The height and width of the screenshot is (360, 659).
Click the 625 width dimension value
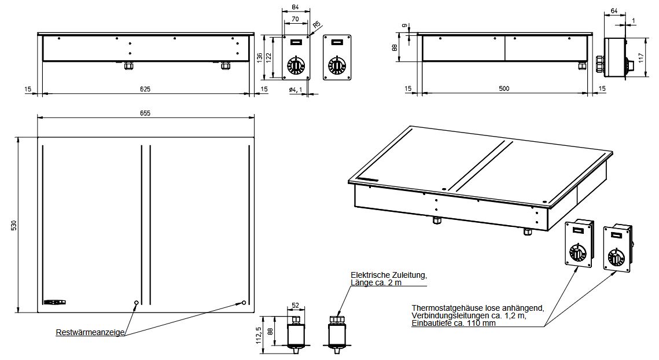145,89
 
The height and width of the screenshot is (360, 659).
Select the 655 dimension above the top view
145,113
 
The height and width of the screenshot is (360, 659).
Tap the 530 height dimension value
13,225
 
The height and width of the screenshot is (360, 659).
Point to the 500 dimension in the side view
504,89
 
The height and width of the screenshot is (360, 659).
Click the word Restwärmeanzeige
90,333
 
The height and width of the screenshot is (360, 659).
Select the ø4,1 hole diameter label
296,90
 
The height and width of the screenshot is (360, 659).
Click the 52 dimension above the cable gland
295,306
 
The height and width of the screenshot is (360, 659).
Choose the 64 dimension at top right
614,12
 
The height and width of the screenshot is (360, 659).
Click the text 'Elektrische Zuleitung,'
389,275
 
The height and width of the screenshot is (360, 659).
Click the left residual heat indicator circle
136,302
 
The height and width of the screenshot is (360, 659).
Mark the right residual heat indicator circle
244,302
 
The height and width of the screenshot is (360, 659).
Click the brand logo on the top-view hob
54,302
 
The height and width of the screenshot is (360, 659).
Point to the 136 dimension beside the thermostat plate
259,58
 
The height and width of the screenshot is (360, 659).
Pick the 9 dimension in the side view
405,25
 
